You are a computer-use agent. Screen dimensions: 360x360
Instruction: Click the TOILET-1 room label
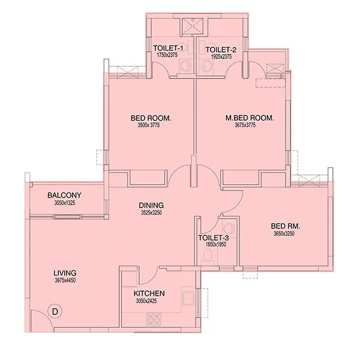click(169, 48)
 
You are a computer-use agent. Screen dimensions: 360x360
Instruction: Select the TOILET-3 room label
click(213, 238)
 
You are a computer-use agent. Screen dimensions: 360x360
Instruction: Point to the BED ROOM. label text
click(151, 118)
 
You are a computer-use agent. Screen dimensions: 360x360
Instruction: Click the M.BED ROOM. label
click(250, 118)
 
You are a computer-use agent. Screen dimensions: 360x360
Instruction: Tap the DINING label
click(148, 205)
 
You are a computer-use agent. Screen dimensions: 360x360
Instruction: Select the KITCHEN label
click(149, 293)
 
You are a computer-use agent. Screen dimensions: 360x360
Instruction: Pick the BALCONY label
click(64, 196)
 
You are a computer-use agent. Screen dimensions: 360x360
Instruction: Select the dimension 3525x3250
click(148, 212)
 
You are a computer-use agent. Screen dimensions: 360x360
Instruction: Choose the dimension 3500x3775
click(151, 125)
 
